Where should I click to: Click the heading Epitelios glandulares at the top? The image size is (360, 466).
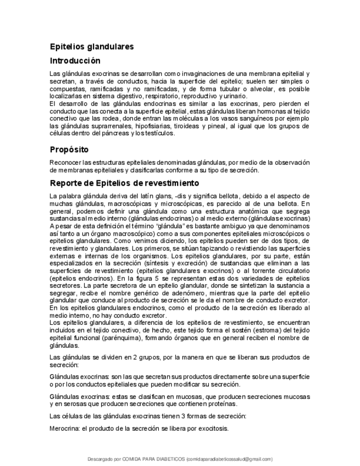pos(92,47)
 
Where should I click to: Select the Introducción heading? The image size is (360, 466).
pos(75,61)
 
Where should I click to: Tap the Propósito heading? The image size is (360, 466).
pos(69,149)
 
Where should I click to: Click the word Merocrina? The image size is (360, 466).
pos(65,429)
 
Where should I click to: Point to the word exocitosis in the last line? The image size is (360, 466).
pos(212,429)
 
